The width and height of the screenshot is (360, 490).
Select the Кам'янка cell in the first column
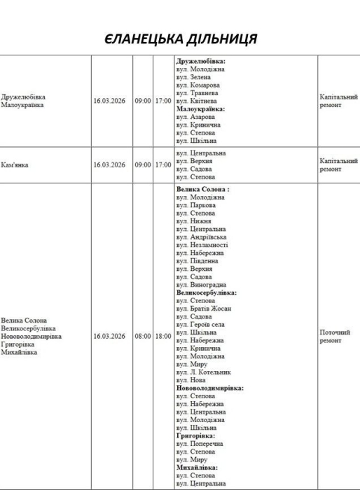[x=18, y=164]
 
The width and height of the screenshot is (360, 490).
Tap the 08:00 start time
[x=142, y=336]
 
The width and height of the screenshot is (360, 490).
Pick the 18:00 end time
[x=162, y=336]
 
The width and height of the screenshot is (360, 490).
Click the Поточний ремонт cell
[x=331, y=336]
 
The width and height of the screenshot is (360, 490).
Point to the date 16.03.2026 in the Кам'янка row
[x=109, y=164]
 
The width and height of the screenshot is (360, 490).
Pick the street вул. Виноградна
[x=205, y=285]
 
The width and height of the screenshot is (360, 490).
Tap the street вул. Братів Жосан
[x=208, y=309]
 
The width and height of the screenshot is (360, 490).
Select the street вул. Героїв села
[x=205, y=325]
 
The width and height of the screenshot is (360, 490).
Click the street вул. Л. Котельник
[x=207, y=372]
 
